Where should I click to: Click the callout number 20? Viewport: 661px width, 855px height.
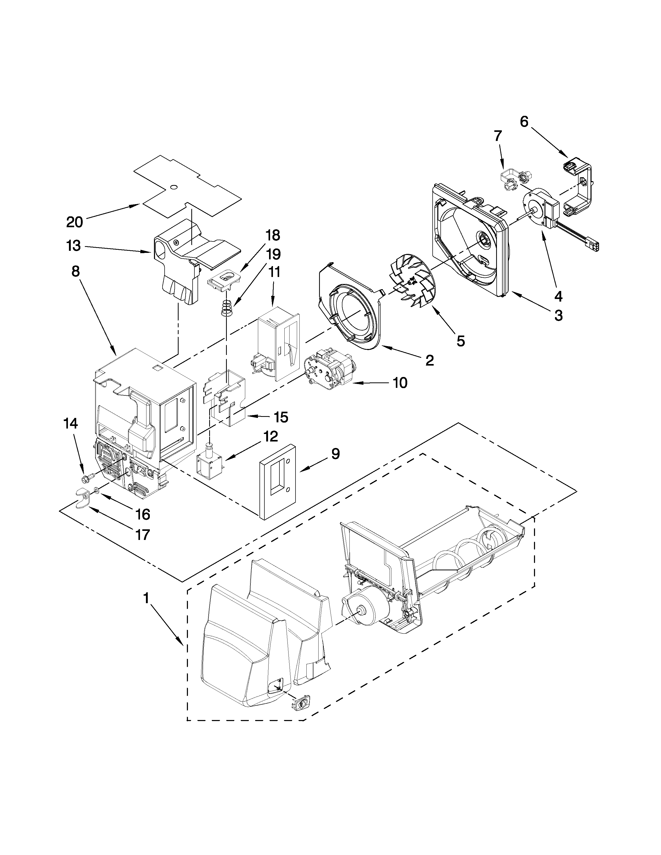[x=74, y=222]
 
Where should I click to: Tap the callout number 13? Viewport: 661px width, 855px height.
[x=74, y=246]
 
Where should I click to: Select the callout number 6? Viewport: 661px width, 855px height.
[x=524, y=122]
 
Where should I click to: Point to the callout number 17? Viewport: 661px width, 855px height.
[x=143, y=534]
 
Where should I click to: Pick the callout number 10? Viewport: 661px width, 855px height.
[x=400, y=383]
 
